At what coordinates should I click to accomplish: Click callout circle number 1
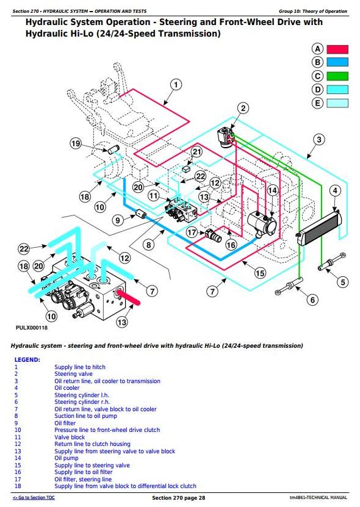click(176, 85)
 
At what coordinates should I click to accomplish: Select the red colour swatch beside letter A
click(337, 49)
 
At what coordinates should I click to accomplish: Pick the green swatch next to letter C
click(337, 76)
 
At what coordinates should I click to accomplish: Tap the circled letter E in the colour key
click(317, 103)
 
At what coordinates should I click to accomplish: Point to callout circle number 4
click(335, 191)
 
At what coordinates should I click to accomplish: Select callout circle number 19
click(76, 143)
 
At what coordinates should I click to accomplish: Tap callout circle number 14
click(272, 190)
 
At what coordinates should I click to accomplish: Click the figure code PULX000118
click(32, 328)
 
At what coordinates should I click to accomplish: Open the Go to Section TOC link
click(34, 498)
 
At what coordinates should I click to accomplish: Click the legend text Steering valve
click(73, 374)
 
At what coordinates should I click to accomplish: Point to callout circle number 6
click(312, 300)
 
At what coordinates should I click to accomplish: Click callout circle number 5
click(343, 282)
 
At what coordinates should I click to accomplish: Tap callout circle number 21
click(196, 151)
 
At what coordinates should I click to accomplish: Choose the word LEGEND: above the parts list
click(27, 359)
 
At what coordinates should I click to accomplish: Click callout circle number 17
click(192, 232)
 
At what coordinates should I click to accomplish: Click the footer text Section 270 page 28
click(179, 498)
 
